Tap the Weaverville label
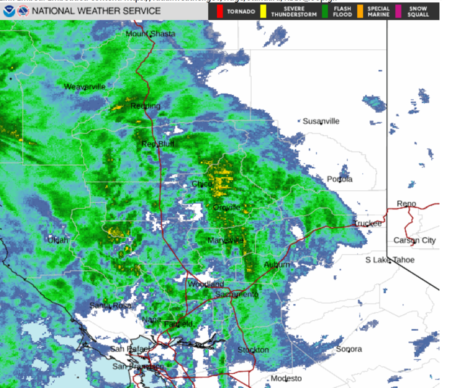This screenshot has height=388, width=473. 85,87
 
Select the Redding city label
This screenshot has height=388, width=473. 145,106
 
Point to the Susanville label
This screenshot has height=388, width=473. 321,121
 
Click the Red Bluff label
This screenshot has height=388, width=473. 158,144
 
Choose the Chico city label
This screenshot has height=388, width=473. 201,184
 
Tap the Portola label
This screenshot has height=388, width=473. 339,179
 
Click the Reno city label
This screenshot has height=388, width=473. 406,204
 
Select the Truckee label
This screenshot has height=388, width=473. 367,224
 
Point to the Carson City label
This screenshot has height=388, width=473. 414,240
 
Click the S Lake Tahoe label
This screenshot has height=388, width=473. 390,260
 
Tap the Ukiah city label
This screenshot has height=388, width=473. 59,240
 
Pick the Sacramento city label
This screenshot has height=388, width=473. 236,295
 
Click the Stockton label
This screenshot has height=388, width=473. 253,350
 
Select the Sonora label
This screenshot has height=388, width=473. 349,349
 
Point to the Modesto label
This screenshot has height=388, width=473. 286,378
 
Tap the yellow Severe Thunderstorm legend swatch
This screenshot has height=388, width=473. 263,11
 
